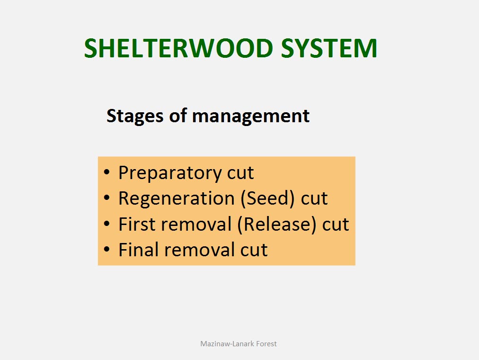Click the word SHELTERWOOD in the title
pyautogui.click(x=178, y=48)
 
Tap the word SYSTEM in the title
pyautogui.click(x=329, y=48)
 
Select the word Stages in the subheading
pyautogui.click(x=135, y=117)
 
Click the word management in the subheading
pyautogui.click(x=251, y=117)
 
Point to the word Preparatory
pyautogui.click(x=170, y=173)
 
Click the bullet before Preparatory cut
pyautogui.click(x=106, y=172)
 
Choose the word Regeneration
pyautogui.click(x=177, y=198)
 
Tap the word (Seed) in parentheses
pyautogui.click(x=267, y=198)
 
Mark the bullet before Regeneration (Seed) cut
pyautogui.click(x=106, y=198)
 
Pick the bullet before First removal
pyautogui.click(x=106, y=224)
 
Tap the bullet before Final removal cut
pyautogui.click(x=106, y=249)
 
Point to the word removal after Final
pyautogui.click(x=200, y=250)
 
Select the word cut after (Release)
pyautogui.click(x=336, y=225)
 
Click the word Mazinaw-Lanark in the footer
pyautogui.click(x=227, y=344)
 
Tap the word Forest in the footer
pyautogui.click(x=266, y=344)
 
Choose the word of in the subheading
pyautogui.click(x=178, y=116)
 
